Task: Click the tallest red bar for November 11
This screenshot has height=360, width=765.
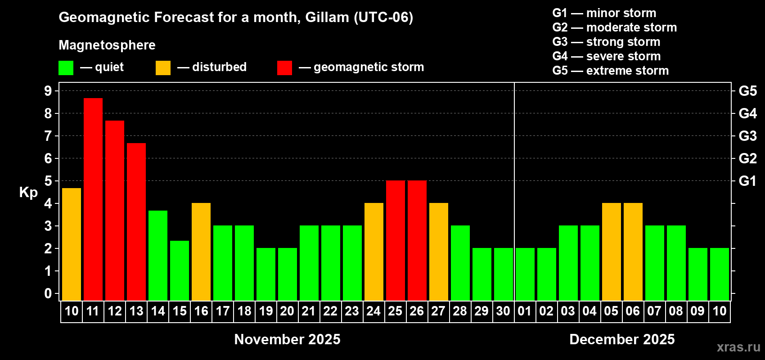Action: click(x=93, y=199)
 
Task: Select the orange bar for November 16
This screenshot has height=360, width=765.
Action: click(x=201, y=252)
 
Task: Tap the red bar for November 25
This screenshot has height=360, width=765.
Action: click(x=396, y=240)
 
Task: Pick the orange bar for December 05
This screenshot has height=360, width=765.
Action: click(x=611, y=252)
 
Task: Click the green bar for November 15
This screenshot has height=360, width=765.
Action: click(x=180, y=270)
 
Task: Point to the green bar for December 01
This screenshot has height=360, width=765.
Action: click(x=525, y=274)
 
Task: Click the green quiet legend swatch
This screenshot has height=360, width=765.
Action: click(x=66, y=67)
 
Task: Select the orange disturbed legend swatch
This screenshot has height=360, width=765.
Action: click(x=163, y=67)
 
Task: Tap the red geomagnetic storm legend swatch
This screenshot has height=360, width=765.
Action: click(x=284, y=67)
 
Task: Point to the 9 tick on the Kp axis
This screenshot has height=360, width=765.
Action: click(x=48, y=91)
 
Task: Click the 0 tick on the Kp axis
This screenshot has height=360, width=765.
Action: click(x=48, y=293)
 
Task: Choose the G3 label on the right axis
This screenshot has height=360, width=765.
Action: click(x=747, y=136)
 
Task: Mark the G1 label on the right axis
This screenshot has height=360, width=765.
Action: click(x=747, y=181)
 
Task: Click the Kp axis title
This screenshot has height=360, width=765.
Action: click(x=28, y=193)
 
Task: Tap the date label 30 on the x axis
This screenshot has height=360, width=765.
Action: click(x=503, y=311)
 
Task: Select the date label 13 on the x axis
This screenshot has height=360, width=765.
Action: click(x=136, y=311)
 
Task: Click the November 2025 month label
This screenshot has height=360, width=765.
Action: click(x=287, y=339)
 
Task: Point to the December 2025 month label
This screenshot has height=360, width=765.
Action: click(x=622, y=339)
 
